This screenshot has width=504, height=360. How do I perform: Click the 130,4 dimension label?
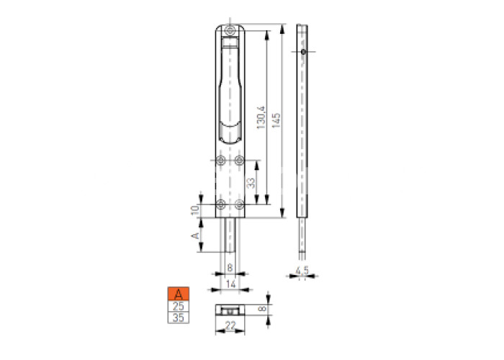click(x=261, y=117)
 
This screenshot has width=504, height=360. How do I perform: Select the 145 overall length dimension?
click(x=276, y=120)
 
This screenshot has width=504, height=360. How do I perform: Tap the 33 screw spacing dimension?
click(x=251, y=183)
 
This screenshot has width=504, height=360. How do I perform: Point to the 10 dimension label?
click(x=195, y=210)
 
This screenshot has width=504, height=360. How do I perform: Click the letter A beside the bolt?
click(x=195, y=235)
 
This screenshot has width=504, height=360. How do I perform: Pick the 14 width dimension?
click(x=231, y=284)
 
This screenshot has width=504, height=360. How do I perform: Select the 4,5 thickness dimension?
click(x=302, y=270)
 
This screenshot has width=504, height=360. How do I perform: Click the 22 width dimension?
click(x=230, y=325)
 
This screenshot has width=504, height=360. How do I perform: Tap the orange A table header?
click(x=179, y=294)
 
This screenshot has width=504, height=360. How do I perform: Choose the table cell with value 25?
click(x=179, y=306)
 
